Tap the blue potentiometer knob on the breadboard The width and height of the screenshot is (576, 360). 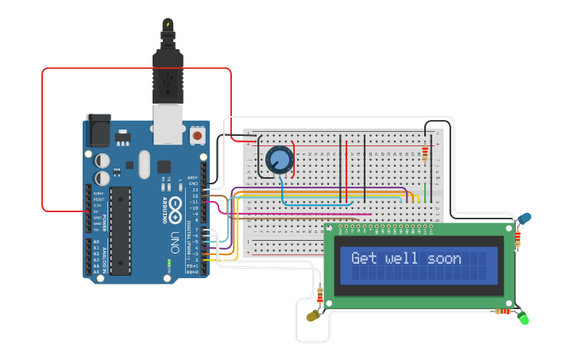279,160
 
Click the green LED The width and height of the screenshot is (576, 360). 524,319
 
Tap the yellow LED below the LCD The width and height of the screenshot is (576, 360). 312,316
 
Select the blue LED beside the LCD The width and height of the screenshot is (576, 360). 525,218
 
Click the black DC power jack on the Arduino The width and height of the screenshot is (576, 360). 98,129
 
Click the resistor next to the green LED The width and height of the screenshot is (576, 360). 503,312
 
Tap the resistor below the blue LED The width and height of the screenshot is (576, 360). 518,237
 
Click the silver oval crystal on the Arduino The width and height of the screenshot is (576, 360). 143,165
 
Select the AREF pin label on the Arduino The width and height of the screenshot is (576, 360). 192,177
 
